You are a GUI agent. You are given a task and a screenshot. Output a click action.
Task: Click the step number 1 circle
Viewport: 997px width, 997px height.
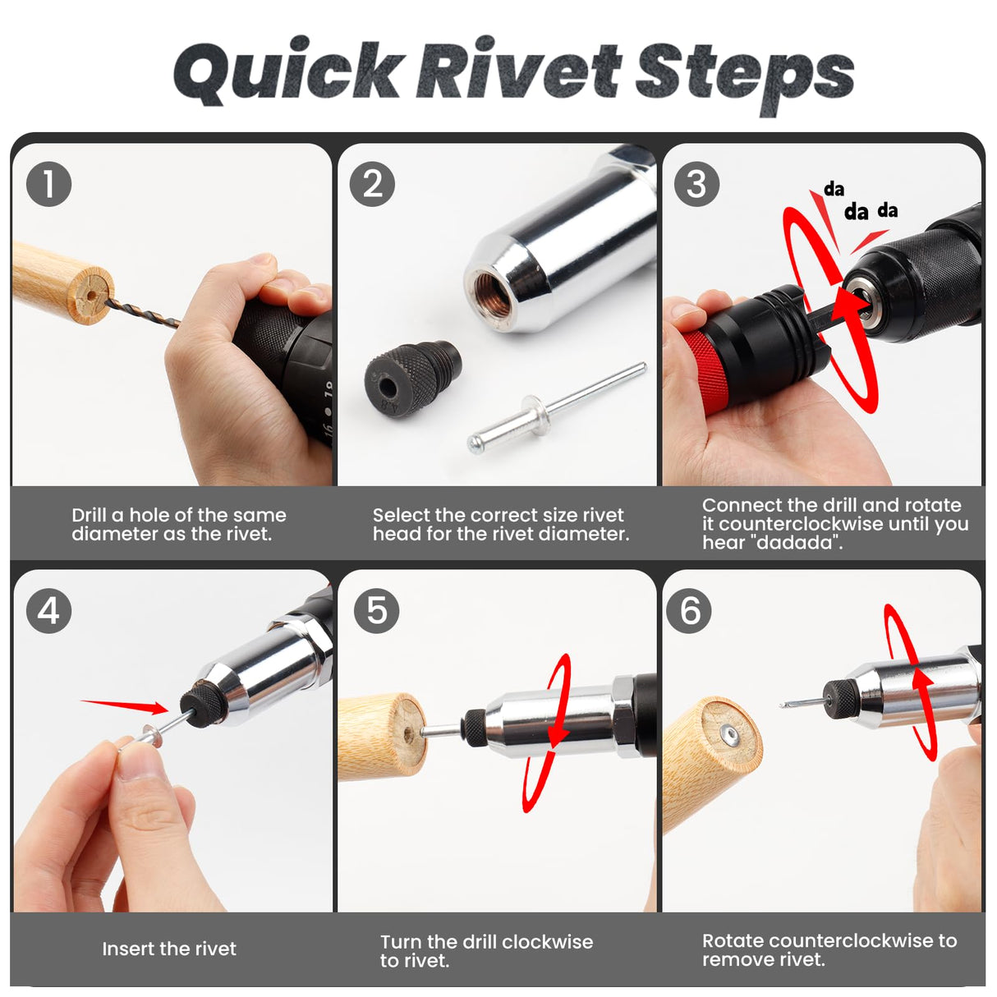48,184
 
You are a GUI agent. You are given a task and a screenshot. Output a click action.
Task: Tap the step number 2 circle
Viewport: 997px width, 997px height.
372,184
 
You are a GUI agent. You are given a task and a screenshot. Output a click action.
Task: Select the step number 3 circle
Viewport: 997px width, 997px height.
696,184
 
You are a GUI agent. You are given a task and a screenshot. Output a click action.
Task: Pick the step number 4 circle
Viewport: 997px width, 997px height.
48,610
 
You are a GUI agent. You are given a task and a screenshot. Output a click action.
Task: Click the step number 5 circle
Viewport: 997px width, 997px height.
376,610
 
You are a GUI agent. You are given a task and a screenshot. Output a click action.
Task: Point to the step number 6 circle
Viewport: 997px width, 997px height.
689,610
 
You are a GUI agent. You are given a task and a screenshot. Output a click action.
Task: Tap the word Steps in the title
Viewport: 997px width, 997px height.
744,74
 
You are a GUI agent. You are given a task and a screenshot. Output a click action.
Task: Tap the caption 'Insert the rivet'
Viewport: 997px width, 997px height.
169,949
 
